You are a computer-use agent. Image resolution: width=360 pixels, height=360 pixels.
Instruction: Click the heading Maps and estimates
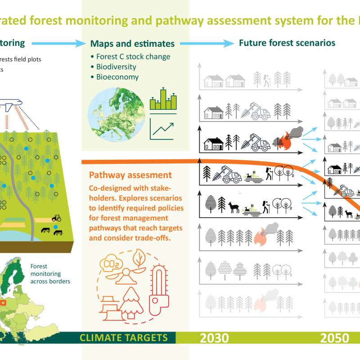click(132, 44)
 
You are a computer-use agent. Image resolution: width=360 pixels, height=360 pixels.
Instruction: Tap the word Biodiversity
click(116, 67)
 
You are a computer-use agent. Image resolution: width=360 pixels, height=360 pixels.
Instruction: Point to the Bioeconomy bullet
click(117, 76)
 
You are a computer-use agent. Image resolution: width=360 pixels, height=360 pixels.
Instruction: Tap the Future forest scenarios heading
click(287, 43)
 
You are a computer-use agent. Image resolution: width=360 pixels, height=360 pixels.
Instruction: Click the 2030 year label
click(214, 338)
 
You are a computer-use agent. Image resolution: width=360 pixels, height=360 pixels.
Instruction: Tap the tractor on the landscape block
click(57, 218)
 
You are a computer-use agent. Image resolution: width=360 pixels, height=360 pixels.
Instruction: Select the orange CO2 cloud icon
click(112, 264)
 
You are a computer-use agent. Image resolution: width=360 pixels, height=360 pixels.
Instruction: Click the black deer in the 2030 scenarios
click(233, 207)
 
